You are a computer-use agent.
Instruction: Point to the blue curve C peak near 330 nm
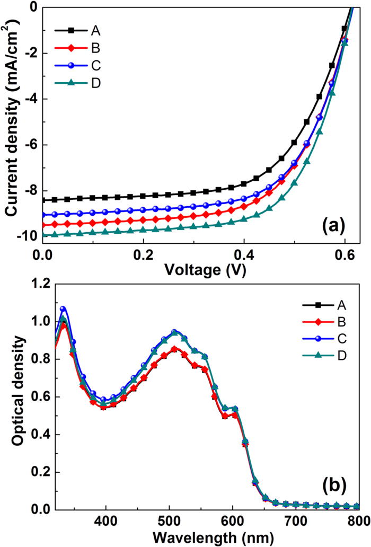tap(63, 308)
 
